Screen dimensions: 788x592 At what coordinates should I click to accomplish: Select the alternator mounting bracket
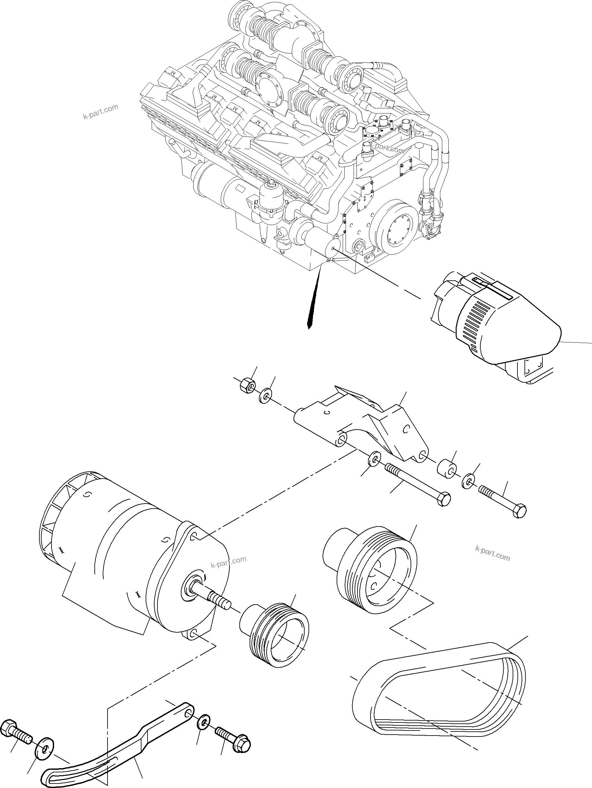click(x=360, y=424)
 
